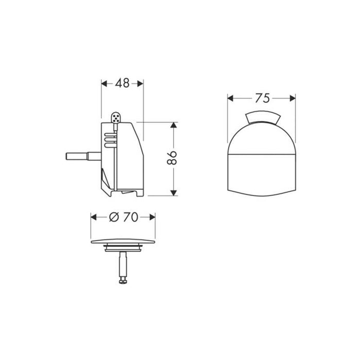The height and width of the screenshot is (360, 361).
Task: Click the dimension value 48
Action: tap(122, 83)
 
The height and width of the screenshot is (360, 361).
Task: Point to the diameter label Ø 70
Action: tap(124, 217)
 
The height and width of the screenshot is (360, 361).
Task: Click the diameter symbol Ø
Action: tap(114, 217)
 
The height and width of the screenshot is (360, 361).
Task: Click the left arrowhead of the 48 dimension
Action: tap(103, 83)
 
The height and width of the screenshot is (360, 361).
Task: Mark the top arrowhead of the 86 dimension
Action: tap(174, 125)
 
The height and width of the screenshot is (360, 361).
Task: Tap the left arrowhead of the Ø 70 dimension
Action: tap(94, 217)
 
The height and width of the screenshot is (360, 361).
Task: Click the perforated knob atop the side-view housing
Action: tap(117, 119)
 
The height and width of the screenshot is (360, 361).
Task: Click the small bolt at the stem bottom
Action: tap(124, 281)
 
